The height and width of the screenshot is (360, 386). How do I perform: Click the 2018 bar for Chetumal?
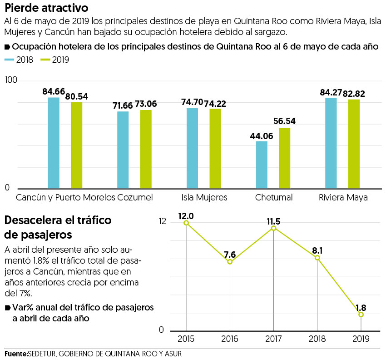pyautogui.click(x=262, y=165)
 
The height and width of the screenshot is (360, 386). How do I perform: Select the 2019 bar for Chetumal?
pyautogui.click(x=284, y=158)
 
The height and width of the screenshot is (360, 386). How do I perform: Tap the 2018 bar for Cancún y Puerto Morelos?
pyautogui.click(x=54, y=143)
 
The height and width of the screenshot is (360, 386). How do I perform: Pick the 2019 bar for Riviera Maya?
pyautogui.click(x=354, y=144)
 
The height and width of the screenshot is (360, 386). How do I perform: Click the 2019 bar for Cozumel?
pyautogui.click(x=146, y=149)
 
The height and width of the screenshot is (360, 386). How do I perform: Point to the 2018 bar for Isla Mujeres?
pyautogui.click(x=192, y=148)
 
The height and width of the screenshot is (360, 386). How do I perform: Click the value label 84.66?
pyautogui.click(x=54, y=92)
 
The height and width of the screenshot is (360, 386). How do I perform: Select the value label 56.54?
pyautogui.click(x=284, y=122)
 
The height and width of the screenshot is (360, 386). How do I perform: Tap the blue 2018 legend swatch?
pyautogui.click(x=10, y=60)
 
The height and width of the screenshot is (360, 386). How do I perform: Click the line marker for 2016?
pyautogui.click(x=230, y=262)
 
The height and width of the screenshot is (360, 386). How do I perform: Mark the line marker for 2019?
pyautogui.click(x=361, y=315)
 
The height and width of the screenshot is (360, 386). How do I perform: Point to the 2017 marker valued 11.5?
pyautogui.click(x=273, y=228)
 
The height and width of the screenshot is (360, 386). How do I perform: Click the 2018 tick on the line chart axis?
pyautogui.click(x=317, y=339)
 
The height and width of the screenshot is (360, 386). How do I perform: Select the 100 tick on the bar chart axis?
pyautogui.click(x=11, y=80)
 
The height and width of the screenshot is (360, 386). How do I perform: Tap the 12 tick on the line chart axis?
pyautogui.click(x=163, y=221)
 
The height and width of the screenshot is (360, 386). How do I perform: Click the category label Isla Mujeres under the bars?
pyautogui.click(x=204, y=198)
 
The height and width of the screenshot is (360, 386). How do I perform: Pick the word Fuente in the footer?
pyautogui.click(x=15, y=353)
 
